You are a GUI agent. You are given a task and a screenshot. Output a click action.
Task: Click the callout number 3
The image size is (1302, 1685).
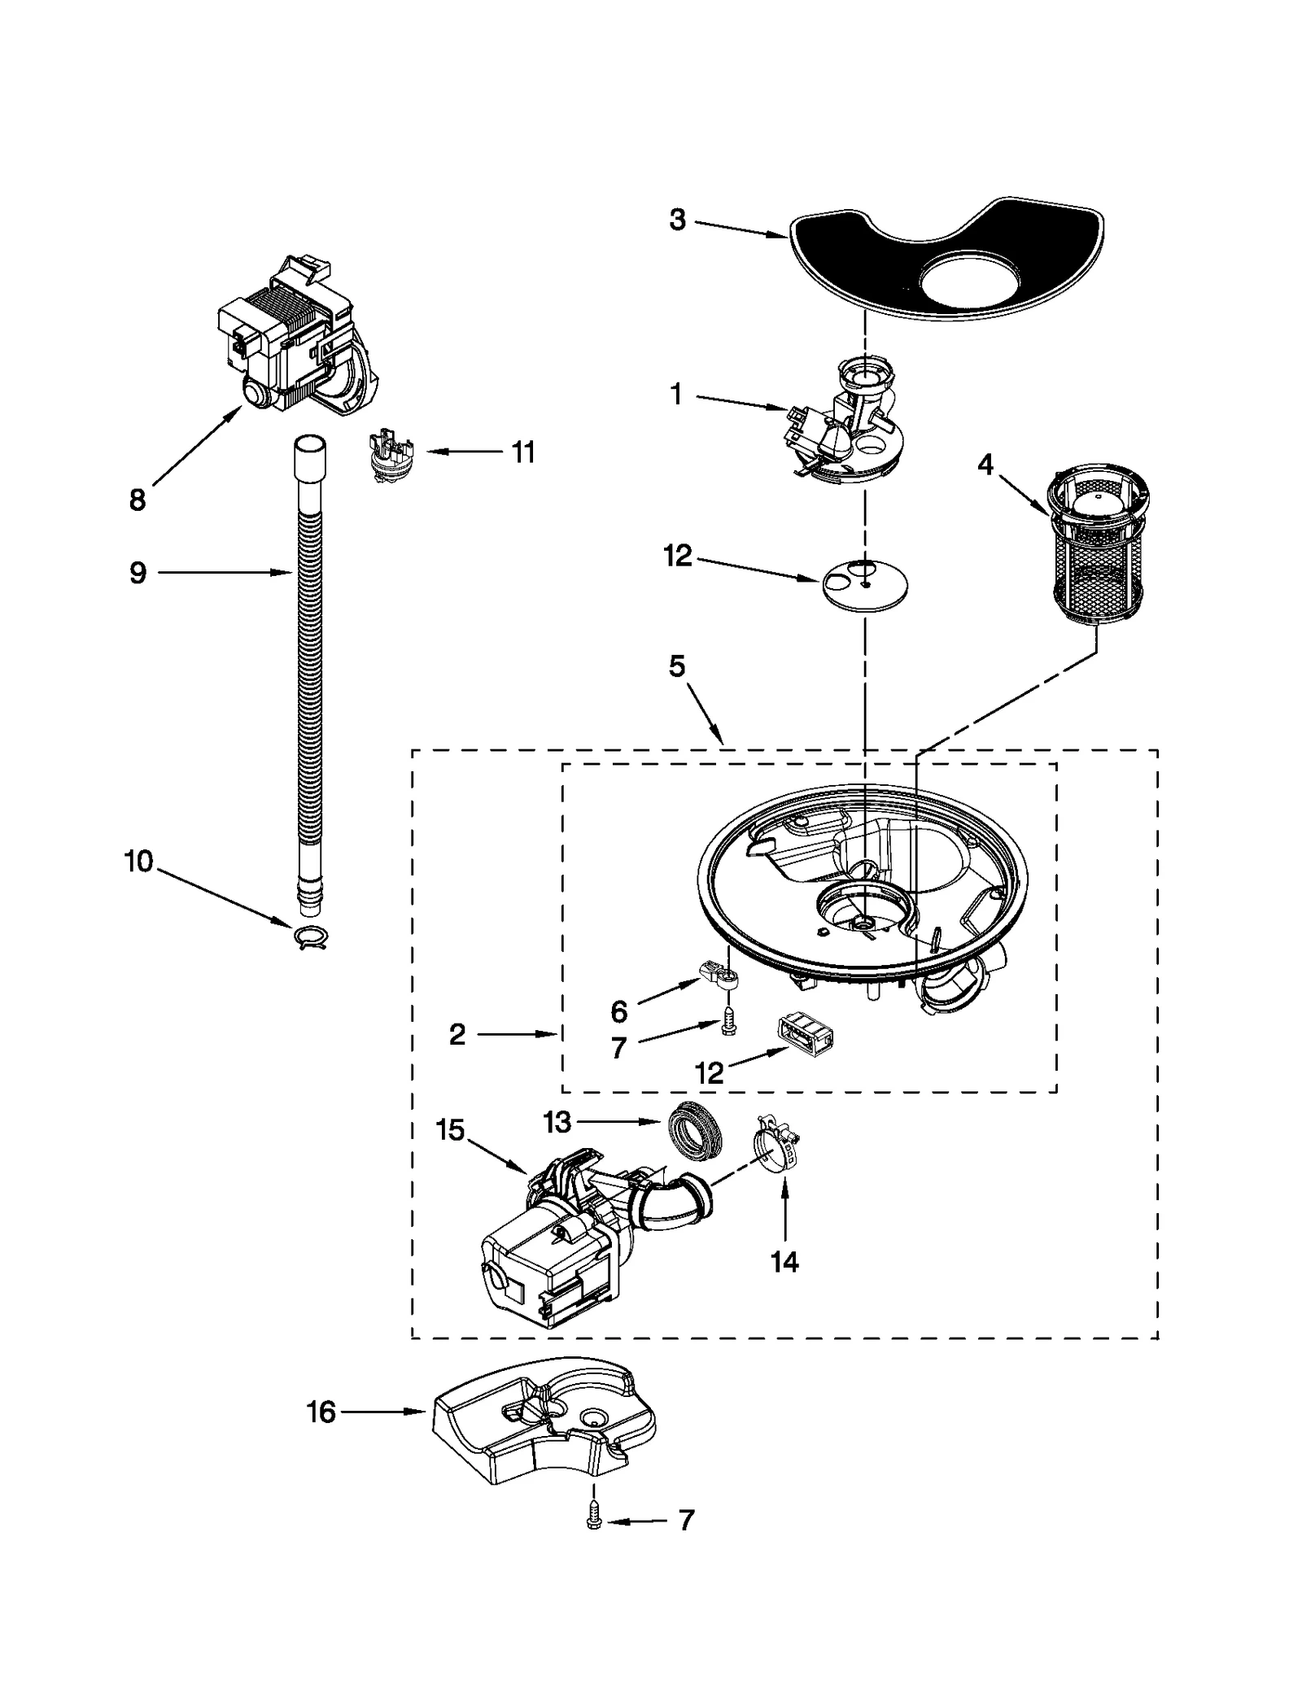point(677,220)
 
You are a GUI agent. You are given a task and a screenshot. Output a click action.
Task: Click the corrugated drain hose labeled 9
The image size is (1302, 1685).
point(309,667)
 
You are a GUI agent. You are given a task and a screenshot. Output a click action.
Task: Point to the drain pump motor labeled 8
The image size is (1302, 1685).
point(293,342)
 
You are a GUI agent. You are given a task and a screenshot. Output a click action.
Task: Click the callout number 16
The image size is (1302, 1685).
point(321,1412)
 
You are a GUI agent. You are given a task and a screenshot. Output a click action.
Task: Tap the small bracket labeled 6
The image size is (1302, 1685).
point(718,971)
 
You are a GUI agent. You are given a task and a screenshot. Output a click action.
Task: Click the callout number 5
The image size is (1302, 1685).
point(677,667)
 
